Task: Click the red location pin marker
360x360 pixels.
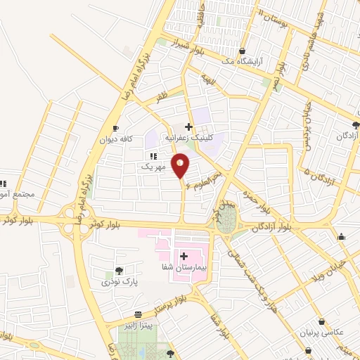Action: (181, 166)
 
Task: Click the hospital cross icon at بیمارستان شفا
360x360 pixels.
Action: (184, 256)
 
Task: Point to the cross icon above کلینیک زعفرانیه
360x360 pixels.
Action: (188, 127)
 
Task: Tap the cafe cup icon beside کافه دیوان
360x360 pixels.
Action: (116, 127)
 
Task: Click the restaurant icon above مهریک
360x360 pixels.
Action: (153, 156)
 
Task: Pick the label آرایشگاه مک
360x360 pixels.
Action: (241, 63)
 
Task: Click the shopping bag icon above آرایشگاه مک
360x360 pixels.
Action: (242, 51)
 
